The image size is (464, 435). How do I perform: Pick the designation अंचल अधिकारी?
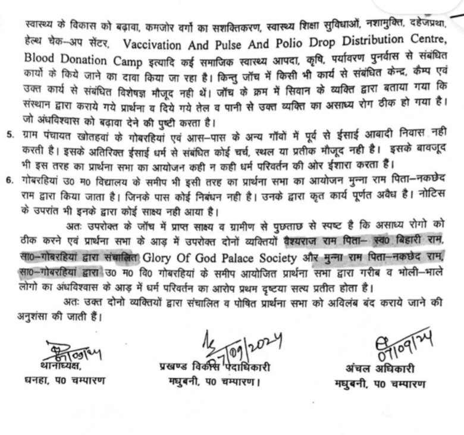pos(380,366)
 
